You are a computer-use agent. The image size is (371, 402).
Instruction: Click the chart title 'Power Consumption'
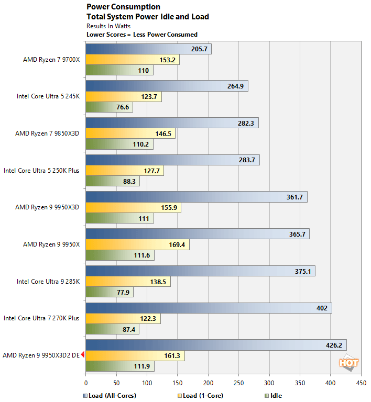pos(123,7)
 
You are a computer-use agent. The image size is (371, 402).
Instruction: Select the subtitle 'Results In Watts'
pos(108,26)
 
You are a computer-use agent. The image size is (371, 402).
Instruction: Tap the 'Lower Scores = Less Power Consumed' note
pos(141,35)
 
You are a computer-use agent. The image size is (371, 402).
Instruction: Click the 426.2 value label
pos(333,345)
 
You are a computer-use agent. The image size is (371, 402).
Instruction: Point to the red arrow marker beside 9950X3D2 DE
pos(83,355)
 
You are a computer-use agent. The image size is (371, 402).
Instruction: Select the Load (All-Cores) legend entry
pos(110,395)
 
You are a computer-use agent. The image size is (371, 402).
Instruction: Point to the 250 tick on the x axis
pos(239,383)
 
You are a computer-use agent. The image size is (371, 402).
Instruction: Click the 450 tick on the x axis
pos(361,383)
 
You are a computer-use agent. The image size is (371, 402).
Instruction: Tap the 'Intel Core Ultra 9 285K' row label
pos(48,281)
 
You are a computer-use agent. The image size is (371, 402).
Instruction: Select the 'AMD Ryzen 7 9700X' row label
pos(51,60)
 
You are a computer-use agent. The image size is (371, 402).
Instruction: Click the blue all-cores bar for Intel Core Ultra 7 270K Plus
pos(209,308)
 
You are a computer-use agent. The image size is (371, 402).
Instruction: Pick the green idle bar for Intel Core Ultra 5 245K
pos(109,107)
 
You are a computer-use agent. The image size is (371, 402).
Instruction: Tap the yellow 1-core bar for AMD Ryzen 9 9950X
pos(137,244)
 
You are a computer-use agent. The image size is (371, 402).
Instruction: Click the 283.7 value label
pos(246,160)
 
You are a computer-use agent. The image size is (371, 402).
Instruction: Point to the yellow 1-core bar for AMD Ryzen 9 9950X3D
pos(133,207)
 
